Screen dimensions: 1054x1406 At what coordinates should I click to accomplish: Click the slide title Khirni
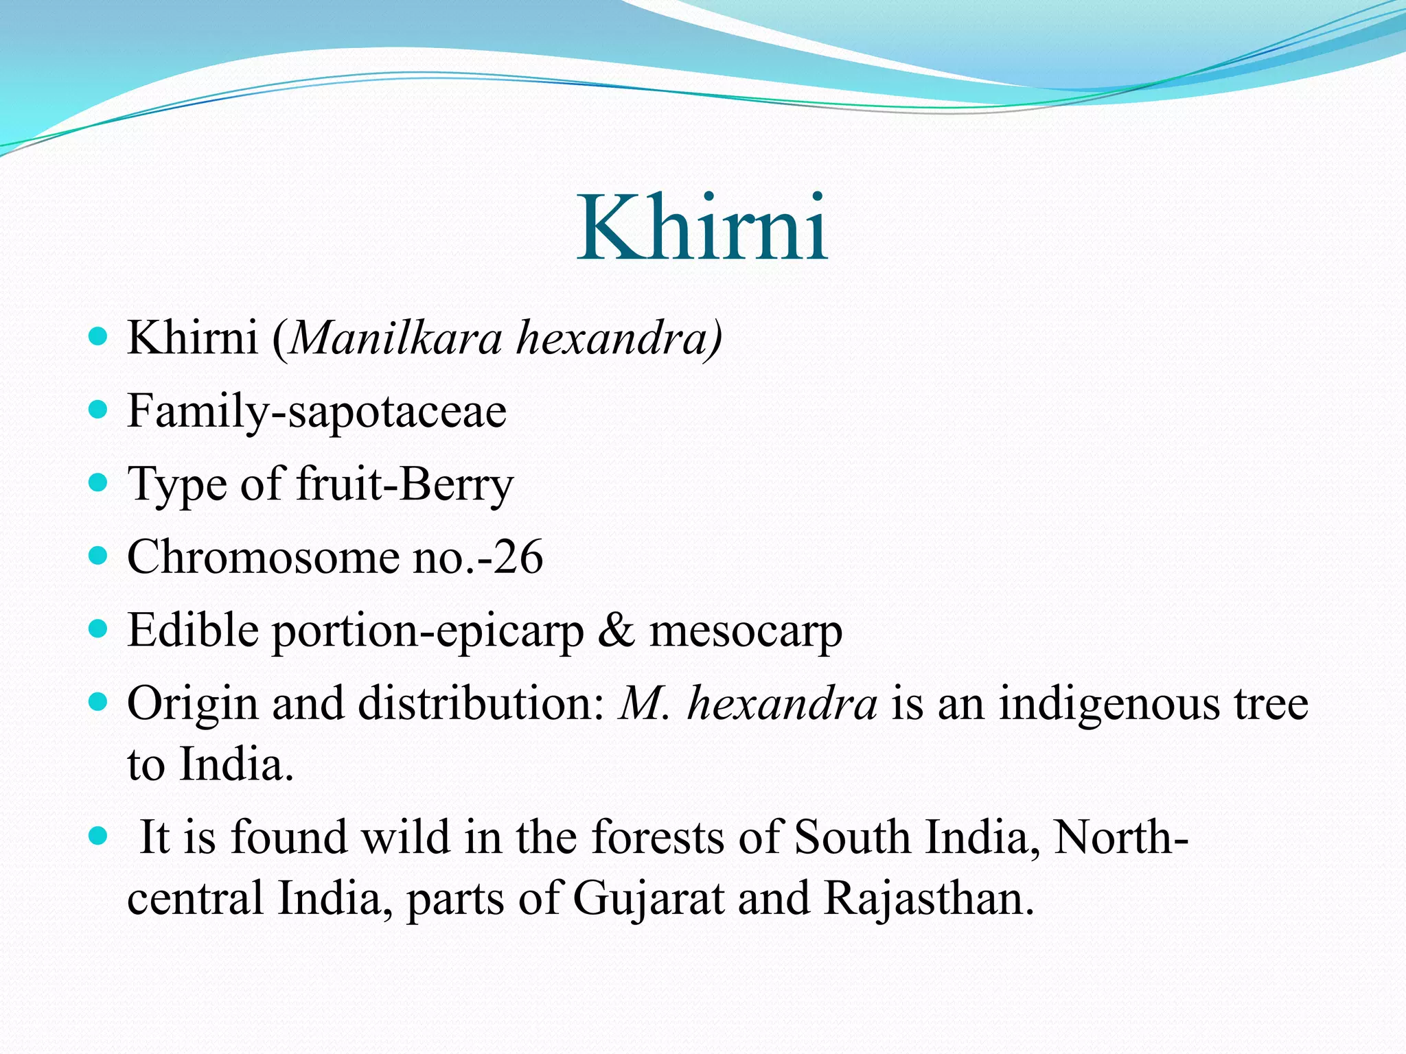pyautogui.click(x=702, y=228)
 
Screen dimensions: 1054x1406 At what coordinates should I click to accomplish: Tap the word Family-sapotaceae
pyautogui.click(x=316, y=412)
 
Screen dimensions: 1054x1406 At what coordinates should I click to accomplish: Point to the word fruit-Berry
pyautogui.click(x=404, y=484)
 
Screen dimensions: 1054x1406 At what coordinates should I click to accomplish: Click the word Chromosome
pyautogui.click(x=262, y=557)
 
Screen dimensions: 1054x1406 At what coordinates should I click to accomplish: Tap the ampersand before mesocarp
pyautogui.click(x=616, y=631)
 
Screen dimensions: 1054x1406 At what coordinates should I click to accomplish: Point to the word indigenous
pyautogui.click(x=1109, y=705)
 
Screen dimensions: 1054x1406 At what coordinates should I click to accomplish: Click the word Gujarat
pyautogui.click(x=648, y=898)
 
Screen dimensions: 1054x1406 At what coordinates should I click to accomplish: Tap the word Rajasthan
pyautogui.click(x=928, y=898)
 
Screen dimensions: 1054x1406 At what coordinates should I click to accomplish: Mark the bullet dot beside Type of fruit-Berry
pyautogui.click(x=99, y=483)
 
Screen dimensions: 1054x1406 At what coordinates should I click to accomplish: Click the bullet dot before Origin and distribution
pyautogui.click(x=99, y=703)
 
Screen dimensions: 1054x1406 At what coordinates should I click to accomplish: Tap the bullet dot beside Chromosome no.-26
pyautogui.click(x=99, y=556)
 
